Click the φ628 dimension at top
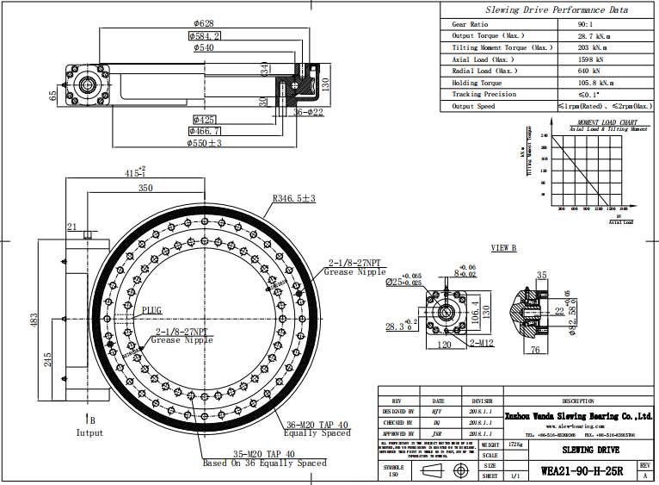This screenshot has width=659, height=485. point(204,23)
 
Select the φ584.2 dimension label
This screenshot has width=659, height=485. point(205,36)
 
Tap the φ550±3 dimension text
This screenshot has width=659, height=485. point(228,142)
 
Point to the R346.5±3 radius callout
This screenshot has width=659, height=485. point(293,199)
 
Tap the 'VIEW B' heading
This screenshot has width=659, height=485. point(503,247)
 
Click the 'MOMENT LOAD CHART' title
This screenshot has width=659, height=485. point(607,122)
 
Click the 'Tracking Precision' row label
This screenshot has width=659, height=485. point(484,94)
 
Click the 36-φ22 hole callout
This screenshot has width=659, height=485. point(308,112)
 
